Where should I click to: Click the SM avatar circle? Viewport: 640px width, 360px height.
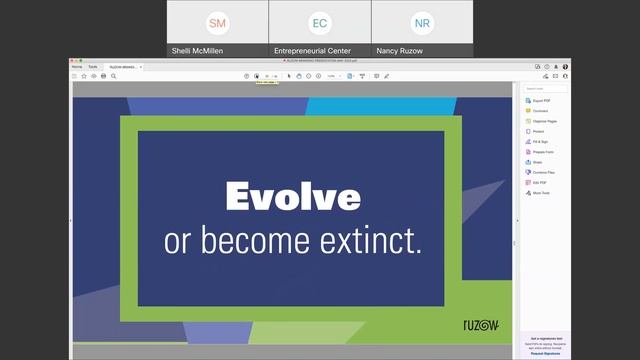click(217, 22)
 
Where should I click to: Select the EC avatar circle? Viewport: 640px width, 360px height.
click(320, 22)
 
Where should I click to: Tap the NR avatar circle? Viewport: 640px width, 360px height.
click(422, 22)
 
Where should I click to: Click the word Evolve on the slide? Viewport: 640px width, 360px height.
click(292, 196)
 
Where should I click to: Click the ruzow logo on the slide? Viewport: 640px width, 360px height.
click(481, 326)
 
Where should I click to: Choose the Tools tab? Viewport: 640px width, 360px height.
click(93, 67)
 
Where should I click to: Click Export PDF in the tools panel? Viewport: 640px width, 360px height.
click(541, 101)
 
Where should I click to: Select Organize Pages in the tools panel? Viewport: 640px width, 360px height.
click(545, 121)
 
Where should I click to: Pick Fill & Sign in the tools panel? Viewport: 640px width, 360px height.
click(541, 142)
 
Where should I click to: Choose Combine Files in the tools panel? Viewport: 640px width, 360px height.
click(544, 172)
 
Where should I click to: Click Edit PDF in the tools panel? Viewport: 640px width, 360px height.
click(540, 182)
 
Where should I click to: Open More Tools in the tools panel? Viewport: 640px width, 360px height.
click(541, 193)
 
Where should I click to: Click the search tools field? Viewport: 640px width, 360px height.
click(545, 88)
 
